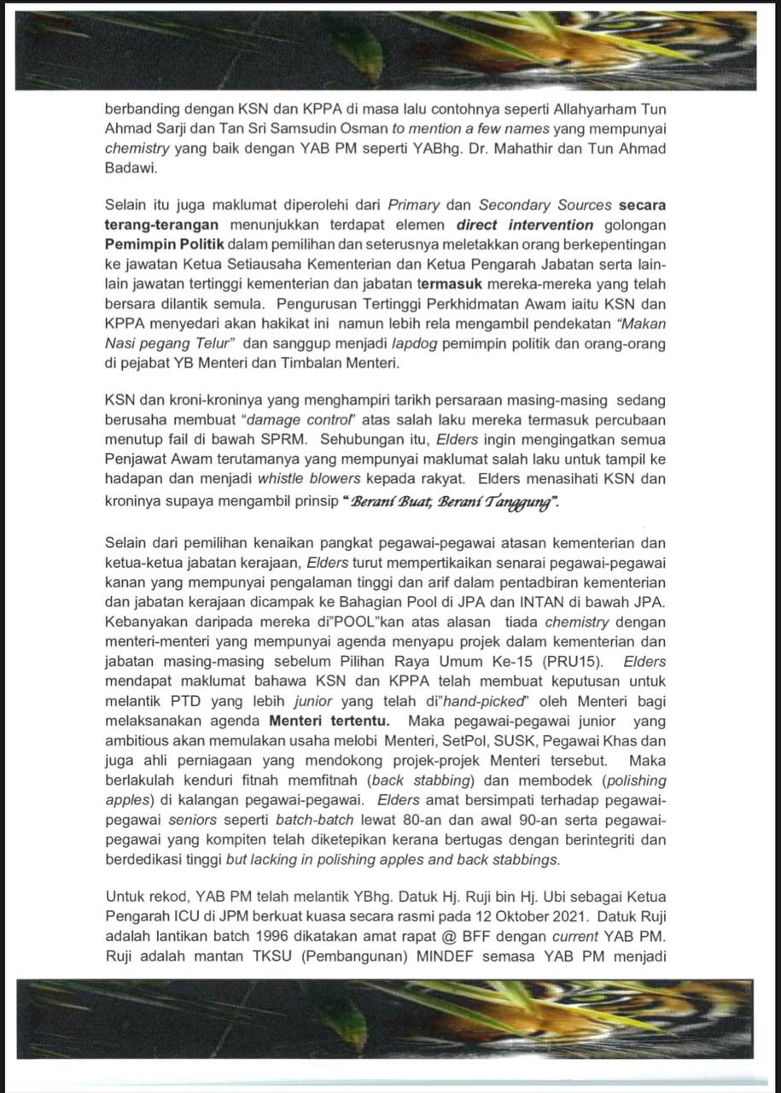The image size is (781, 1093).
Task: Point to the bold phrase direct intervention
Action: click(525, 225)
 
